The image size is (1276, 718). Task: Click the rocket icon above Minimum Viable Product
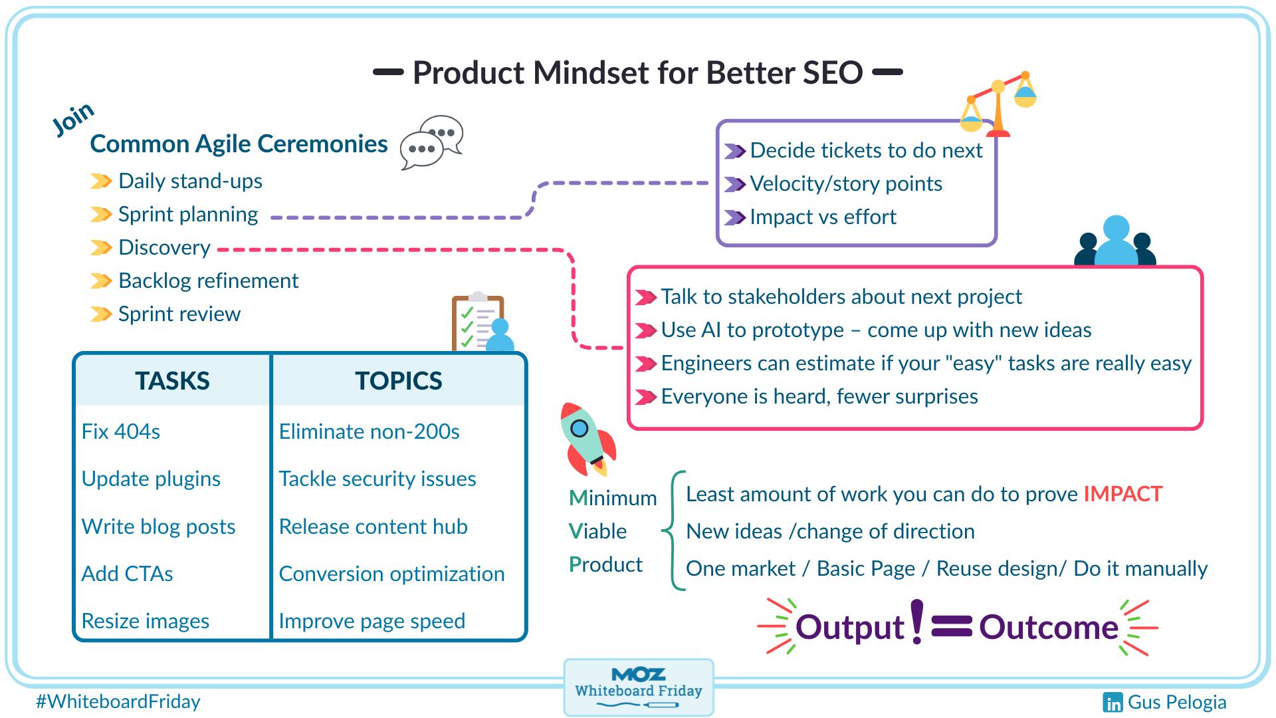[x=587, y=439]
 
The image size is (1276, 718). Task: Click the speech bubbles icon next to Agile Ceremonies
[x=431, y=142]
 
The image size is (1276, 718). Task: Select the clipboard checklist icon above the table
[x=480, y=322]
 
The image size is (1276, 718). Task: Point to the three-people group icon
[x=1115, y=242]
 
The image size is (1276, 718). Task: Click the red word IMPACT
[x=1122, y=494]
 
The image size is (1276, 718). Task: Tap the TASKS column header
[x=172, y=380]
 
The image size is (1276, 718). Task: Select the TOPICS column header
[x=398, y=380]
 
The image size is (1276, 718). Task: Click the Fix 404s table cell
[x=121, y=431]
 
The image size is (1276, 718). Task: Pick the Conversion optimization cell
[x=391, y=574]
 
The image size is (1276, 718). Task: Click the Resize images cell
[x=145, y=621]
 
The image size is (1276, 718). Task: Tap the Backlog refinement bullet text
[x=208, y=281]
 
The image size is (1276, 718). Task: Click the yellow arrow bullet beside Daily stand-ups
[x=101, y=181]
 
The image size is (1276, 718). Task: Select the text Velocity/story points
[x=845, y=183]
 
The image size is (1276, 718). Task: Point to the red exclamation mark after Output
[x=917, y=622]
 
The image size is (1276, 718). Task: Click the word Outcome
[x=1049, y=627]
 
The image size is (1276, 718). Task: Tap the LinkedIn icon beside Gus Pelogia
[x=1113, y=703]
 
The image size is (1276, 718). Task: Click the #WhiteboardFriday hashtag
[x=118, y=701]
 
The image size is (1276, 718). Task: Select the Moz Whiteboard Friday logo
[x=638, y=687]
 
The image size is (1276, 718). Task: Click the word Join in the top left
[x=73, y=120]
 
